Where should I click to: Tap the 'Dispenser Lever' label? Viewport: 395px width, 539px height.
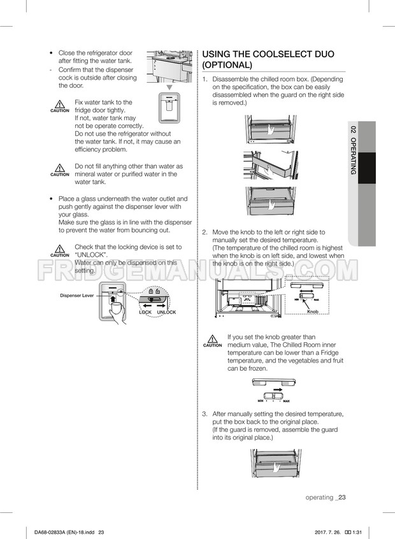point(77,296)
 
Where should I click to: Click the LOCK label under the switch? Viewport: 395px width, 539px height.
point(145,312)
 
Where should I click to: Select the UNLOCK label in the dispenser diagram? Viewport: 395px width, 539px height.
point(166,312)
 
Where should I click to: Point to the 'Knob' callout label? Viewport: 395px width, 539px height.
point(312,312)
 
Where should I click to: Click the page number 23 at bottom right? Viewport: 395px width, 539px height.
point(342,498)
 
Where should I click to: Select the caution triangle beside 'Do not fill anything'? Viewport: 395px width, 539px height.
point(60,169)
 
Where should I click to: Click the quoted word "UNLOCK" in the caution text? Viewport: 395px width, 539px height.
point(91,254)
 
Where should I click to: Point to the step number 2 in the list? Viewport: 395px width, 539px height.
point(205,233)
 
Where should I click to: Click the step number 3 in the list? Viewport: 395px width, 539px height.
point(205,414)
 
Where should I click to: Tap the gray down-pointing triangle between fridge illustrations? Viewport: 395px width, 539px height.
point(169,87)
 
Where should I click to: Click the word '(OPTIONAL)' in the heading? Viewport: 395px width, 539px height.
point(227,66)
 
